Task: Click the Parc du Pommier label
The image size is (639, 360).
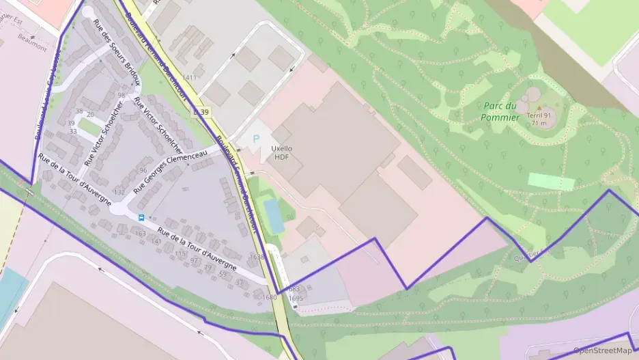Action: (x=500, y=111)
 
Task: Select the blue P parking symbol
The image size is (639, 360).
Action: (x=257, y=139)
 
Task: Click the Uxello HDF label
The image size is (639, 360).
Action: (x=281, y=152)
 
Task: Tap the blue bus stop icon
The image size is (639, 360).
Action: (x=141, y=218)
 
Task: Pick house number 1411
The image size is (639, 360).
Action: (x=189, y=77)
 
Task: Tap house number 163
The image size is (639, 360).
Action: (x=141, y=234)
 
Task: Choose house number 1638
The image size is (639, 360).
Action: (x=257, y=257)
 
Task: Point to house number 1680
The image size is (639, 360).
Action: (x=270, y=297)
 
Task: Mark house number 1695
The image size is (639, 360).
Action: (x=296, y=298)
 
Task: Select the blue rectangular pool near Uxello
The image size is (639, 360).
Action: (x=274, y=216)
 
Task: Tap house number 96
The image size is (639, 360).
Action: (x=143, y=170)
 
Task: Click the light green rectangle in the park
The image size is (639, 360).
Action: (x=551, y=181)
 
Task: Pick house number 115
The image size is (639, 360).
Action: (x=180, y=253)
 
